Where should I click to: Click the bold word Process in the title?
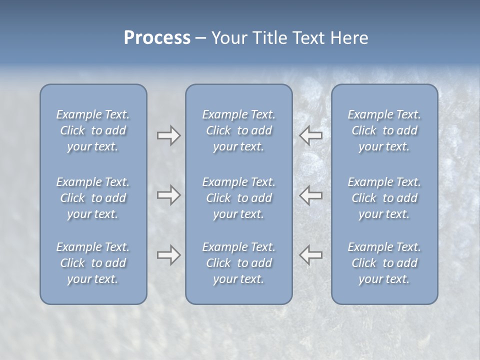click(157, 38)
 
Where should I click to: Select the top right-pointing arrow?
click(168, 135)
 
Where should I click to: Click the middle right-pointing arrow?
click(168, 195)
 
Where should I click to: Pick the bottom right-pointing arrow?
click(168, 255)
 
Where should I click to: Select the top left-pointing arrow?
click(311, 135)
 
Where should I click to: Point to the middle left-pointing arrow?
click(311, 195)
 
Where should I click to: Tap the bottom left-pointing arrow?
click(311, 255)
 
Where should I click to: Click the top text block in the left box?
click(93, 130)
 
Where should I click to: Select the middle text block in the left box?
click(93, 198)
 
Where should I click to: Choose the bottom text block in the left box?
click(93, 263)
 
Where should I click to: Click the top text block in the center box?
click(238, 130)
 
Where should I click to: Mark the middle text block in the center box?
click(238, 198)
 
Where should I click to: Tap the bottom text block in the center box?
click(238, 263)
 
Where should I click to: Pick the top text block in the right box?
click(384, 130)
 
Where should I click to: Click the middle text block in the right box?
click(384, 198)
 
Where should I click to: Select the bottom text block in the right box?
click(384, 263)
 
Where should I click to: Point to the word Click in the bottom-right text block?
click(364, 263)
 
